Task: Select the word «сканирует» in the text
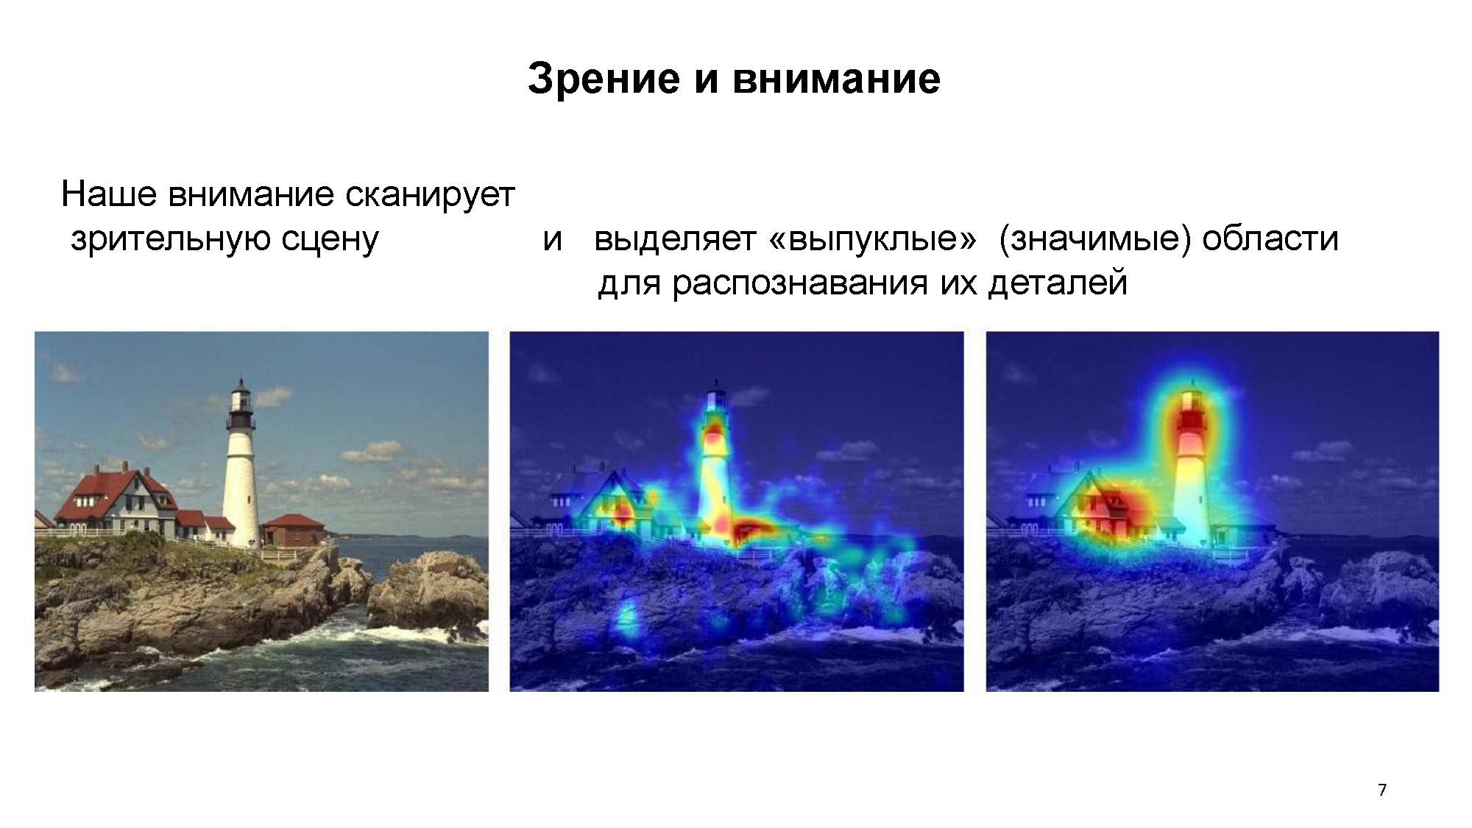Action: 430,194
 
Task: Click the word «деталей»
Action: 1058,283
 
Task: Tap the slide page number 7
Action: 1382,790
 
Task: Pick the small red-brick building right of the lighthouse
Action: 294,529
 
